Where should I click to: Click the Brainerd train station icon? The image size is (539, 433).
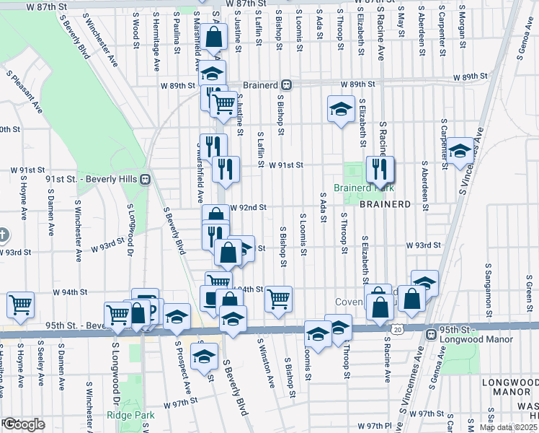pyautogui.click(x=286, y=84)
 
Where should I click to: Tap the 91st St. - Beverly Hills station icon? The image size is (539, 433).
pyautogui.click(x=145, y=179)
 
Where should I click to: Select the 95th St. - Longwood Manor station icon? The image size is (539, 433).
pyautogui.click(x=430, y=335)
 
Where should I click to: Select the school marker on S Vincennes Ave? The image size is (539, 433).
pyautogui.click(x=460, y=152)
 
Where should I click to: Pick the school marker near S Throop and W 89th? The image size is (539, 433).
pyautogui.click(x=341, y=110)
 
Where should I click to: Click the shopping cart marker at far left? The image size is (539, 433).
pyautogui.click(x=20, y=305)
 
